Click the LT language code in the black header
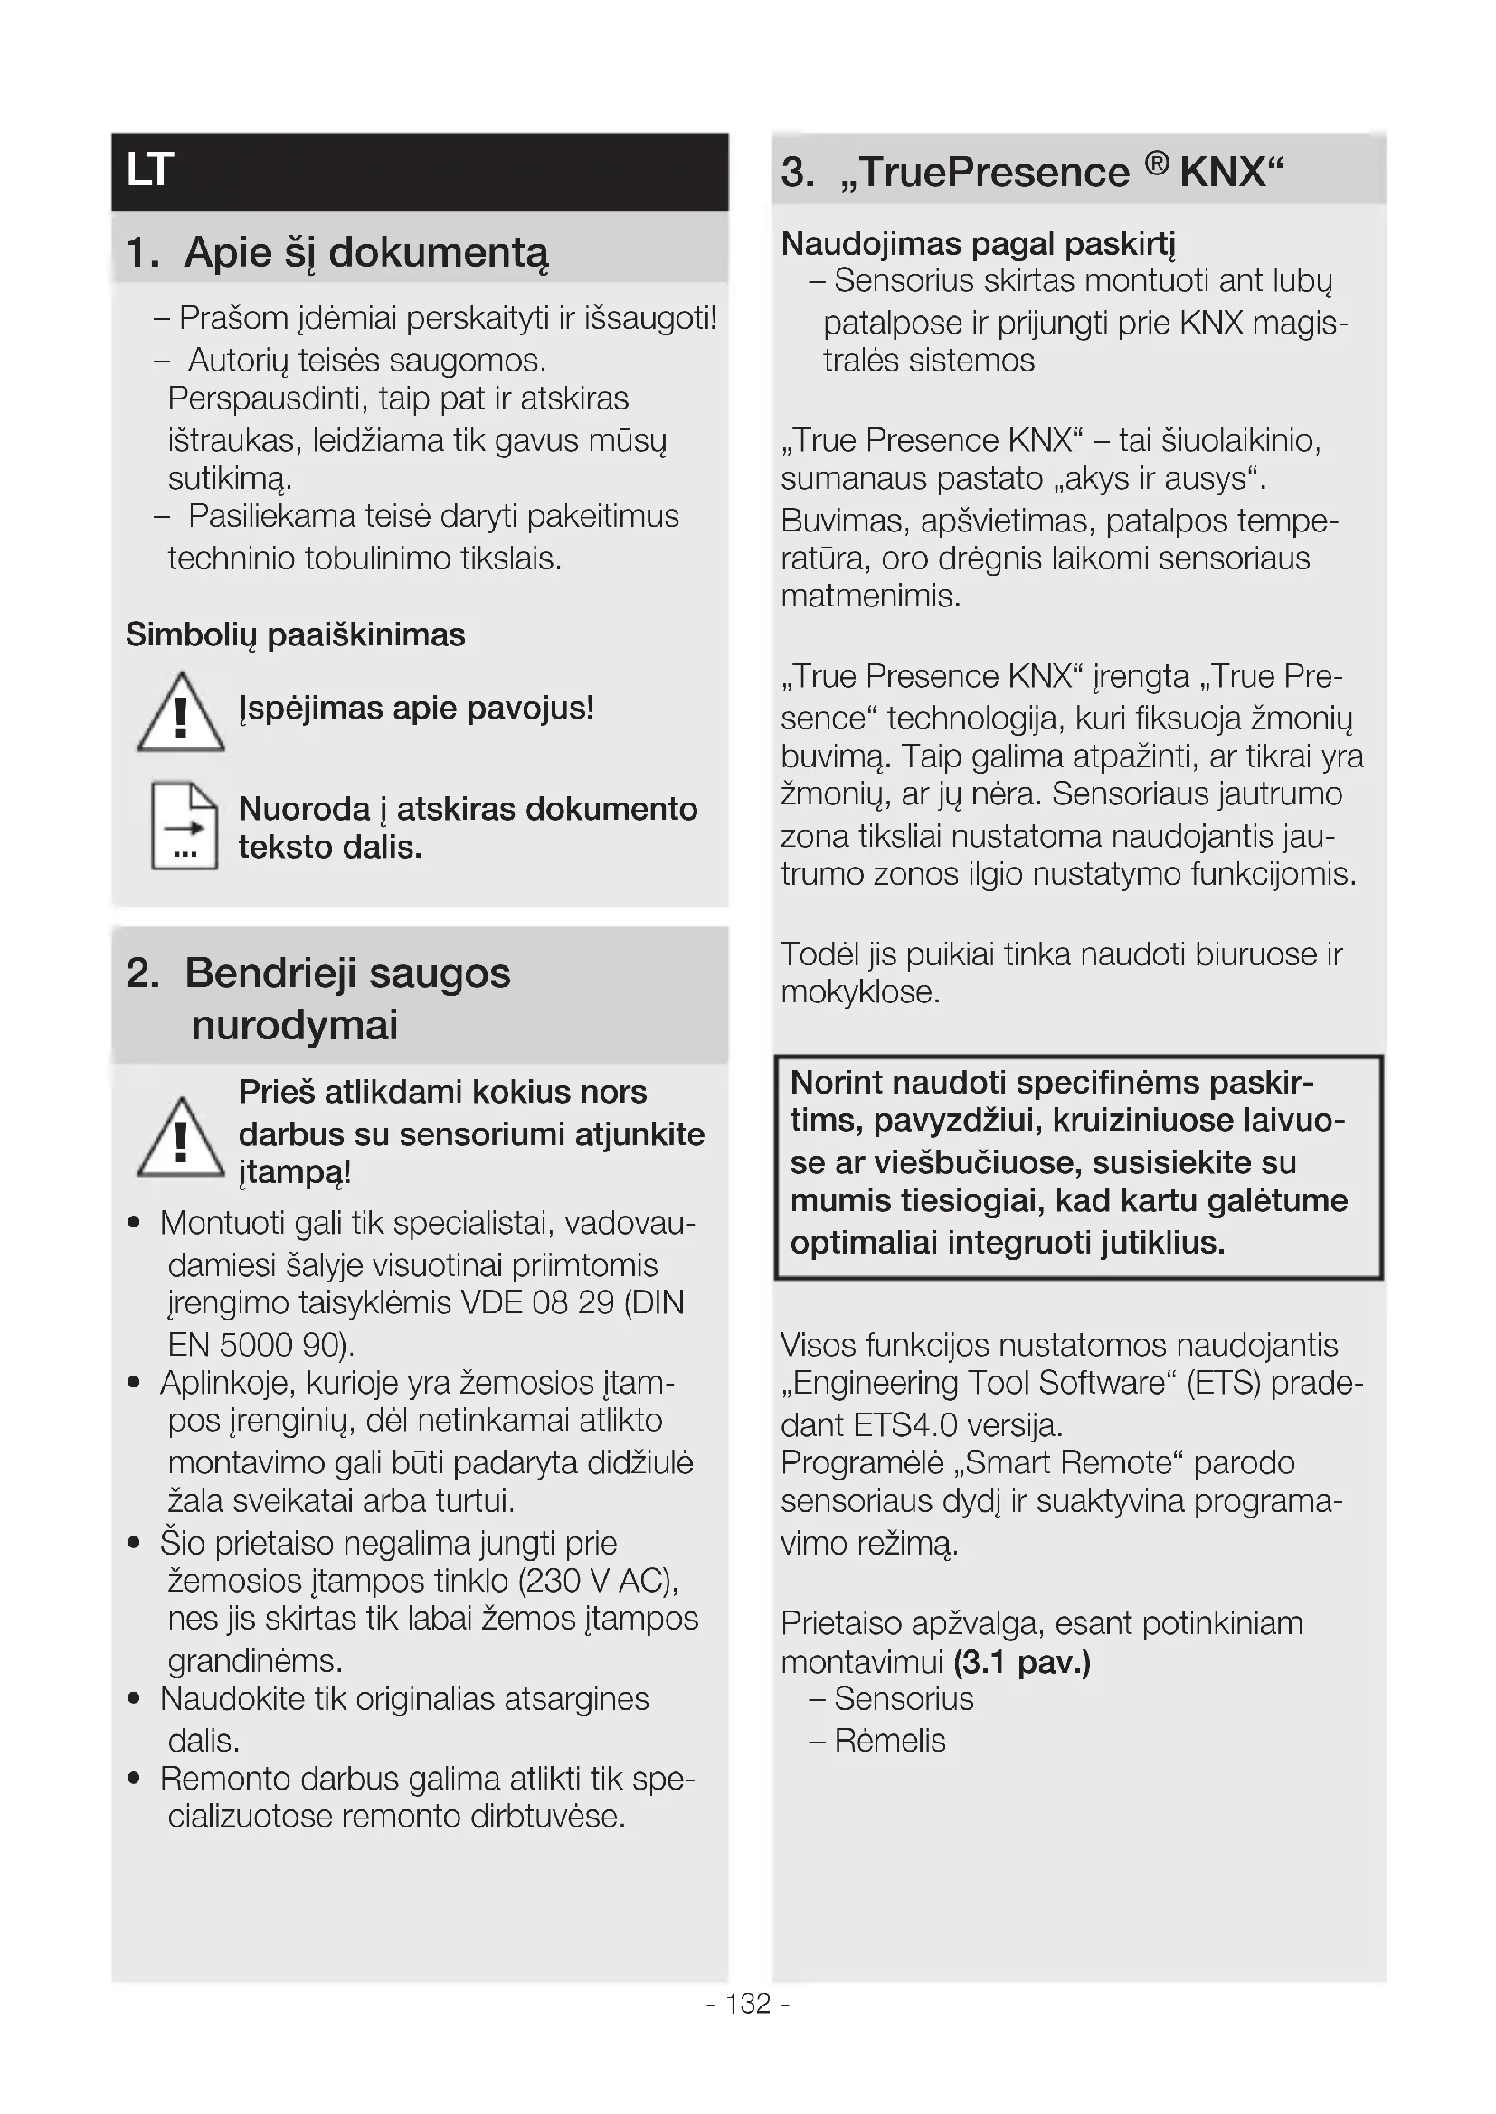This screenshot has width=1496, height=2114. (x=150, y=171)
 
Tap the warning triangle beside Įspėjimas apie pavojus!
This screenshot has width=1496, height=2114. (x=181, y=714)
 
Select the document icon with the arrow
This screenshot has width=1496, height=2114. (x=185, y=826)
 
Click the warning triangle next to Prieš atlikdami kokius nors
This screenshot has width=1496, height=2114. (x=181, y=1139)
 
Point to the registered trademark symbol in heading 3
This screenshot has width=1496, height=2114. (x=1157, y=164)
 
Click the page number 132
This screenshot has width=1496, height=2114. (x=748, y=2004)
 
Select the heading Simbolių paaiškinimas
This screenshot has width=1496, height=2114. (x=296, y=635)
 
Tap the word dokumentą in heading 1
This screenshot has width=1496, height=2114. (x=439, y=253)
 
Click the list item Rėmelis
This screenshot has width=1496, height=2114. (x=890, y=1740)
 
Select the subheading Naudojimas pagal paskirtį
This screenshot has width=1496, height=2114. (x=979, y=244)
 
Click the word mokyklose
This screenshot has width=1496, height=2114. (x=859, y=992)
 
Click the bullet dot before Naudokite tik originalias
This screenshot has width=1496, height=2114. (x=135, y=1699)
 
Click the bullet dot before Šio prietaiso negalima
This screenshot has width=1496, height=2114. (x=135, y=1542)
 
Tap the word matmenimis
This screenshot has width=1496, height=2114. (x=870, y=597)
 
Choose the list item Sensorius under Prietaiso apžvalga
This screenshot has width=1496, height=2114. (x=904, y=1699)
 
